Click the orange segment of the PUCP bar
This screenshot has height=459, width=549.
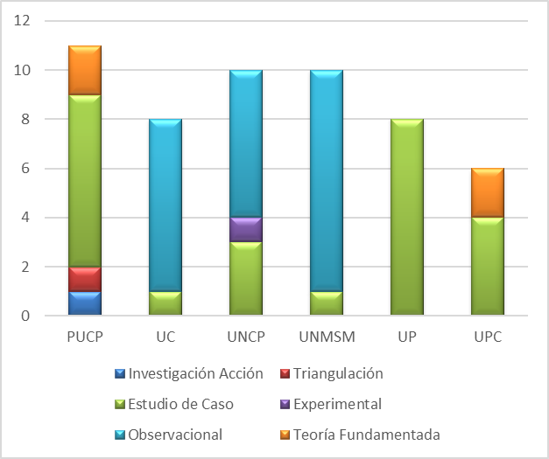(x=84, y=70)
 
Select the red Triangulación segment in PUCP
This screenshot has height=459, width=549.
(x=84, y=279)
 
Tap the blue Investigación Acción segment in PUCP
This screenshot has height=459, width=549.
(x=84, y=303)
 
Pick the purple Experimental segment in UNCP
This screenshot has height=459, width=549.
(x=245, y=229)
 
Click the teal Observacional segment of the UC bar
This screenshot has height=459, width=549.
(x=165, y=205)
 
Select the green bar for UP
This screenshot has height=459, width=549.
(x=406, y=217)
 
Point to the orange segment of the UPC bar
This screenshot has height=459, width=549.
(x=487, y=192)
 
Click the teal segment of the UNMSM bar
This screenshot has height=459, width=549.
(x=326, y=180)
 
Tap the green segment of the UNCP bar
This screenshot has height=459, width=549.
(x=245, y=278)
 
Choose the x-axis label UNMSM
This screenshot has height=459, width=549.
(x=326, y=337)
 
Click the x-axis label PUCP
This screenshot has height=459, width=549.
(x=84, y=337)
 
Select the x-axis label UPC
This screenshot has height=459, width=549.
(x=487, y=337)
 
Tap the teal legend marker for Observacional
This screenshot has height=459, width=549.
(x=120, y=435)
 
